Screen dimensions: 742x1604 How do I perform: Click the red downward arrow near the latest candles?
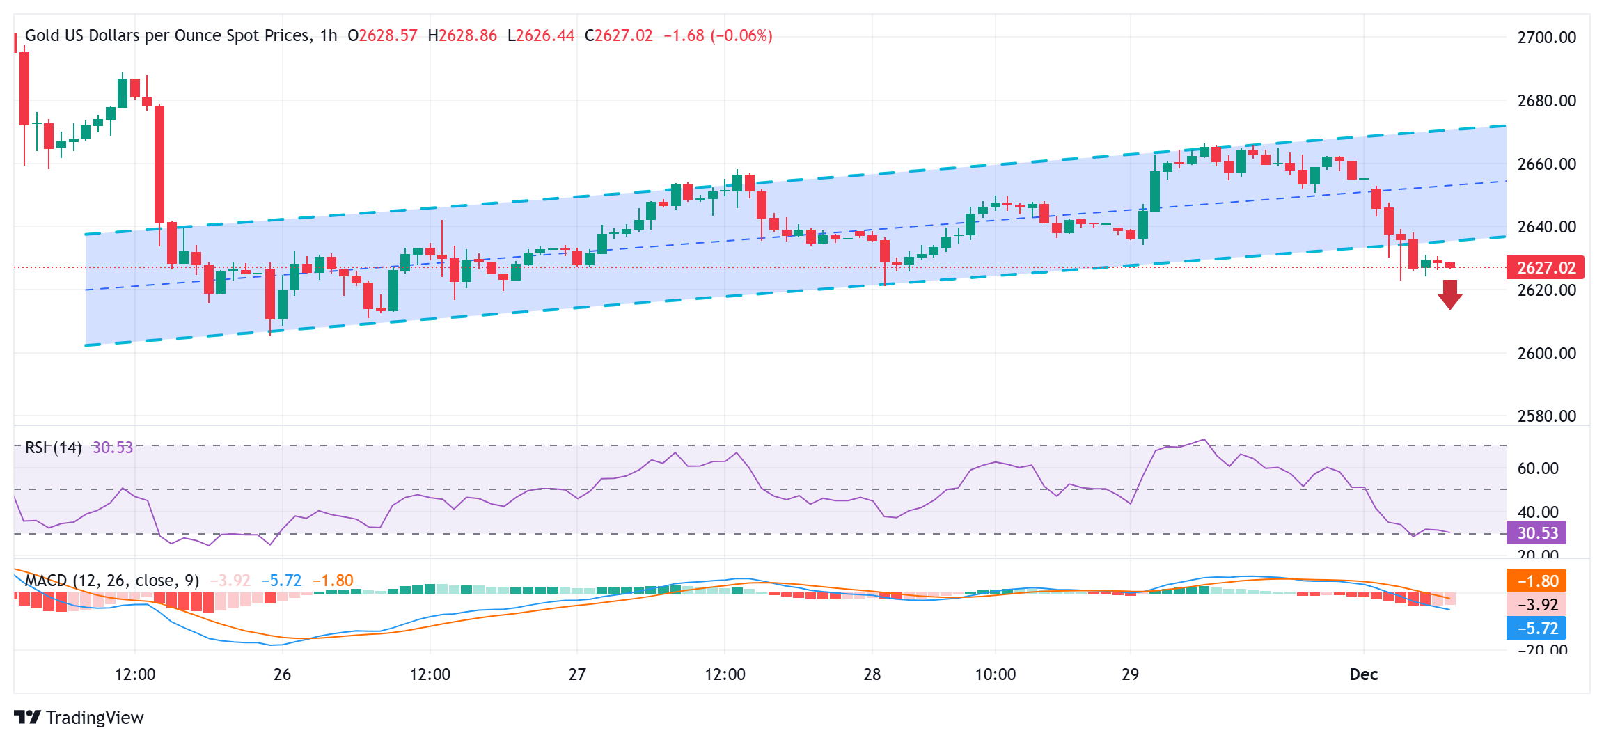pyautogui.click(x=1449, y=294)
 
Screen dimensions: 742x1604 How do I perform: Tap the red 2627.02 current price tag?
pyautogui.click(x=1546, y=268)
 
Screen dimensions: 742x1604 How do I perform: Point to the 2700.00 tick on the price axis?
pyautogui.click(x=1546, y=38)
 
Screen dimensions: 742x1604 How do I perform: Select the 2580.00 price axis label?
pyautogui.click(x=1546, y=416)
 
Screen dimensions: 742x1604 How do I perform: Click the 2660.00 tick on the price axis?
pyautogui.click(x=1546, y=164)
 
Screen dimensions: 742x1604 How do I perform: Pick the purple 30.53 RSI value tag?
pyautogui.click(x=1536, y=533)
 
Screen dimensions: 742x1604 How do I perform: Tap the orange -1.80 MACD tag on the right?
pyautogui.click(x=1536, y=581)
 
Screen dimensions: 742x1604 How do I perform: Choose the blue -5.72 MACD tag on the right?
pyautogui.click(x=1536, y=629)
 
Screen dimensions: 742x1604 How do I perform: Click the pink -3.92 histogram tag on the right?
pyautogui.click(x=1536, y=605)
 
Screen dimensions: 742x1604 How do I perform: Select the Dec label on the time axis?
pyautogui.click(x=1363, y=674)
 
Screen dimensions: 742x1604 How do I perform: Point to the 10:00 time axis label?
pyautogui.click(x=995, y=674)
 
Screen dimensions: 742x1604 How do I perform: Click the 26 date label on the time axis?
pyautogui.click(x=282, y=674)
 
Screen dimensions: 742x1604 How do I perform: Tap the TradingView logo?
pyautogui.click(x=79, y=718)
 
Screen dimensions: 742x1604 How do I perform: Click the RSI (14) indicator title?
pyautogui.click(x=53, y=448)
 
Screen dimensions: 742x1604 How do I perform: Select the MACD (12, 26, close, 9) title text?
pyautogui.click(x=112, y=581)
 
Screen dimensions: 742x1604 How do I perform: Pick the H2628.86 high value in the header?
pyautogui.click(x=462, y=35)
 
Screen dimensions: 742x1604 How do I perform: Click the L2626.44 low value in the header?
pyautogui.click(x=541, y=35)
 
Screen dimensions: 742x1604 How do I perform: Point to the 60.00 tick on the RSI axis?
pyautogui.click(x=1537, y=468)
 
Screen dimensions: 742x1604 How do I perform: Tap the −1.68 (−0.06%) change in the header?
pyautogui.click(x=718, y=35)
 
